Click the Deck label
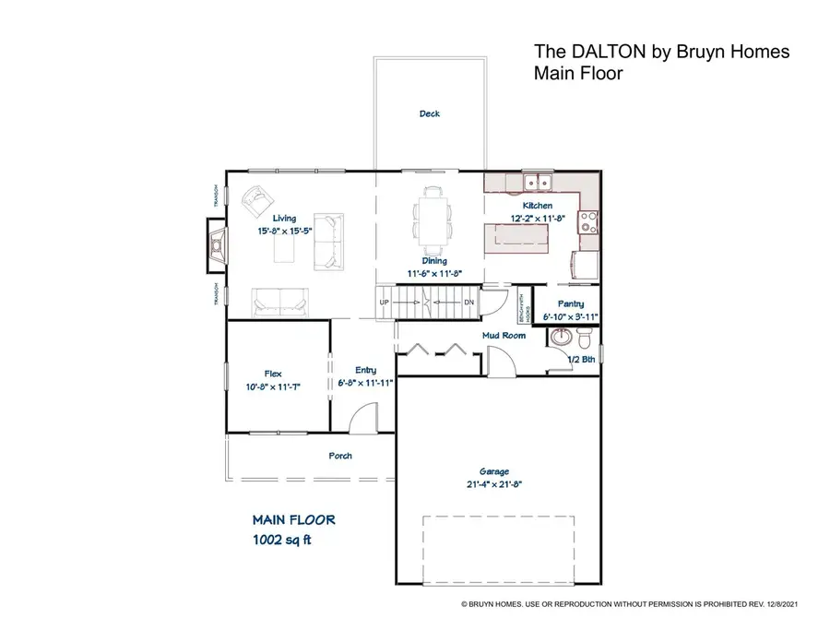click(430, 114)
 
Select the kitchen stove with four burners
click(587, 221)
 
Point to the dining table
click(433, 220)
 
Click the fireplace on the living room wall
click(216, 244)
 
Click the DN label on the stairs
click(468, 303)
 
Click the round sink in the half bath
click(560, 339)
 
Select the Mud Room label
click(504, 336)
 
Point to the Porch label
click(340, 456)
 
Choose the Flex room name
click(272, 373)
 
